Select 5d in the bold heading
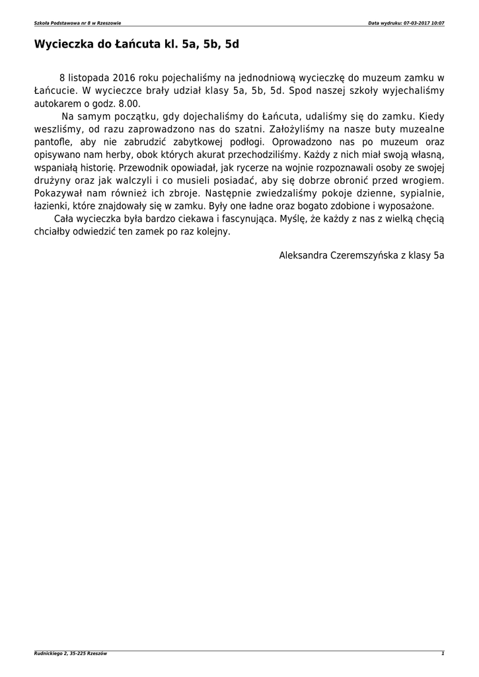(x=231, y=45)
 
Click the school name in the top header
(x=77, y=23)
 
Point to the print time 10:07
(x=437, y=23)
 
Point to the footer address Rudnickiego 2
(x=54, y=654)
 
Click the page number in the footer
(x=443, y=654)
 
